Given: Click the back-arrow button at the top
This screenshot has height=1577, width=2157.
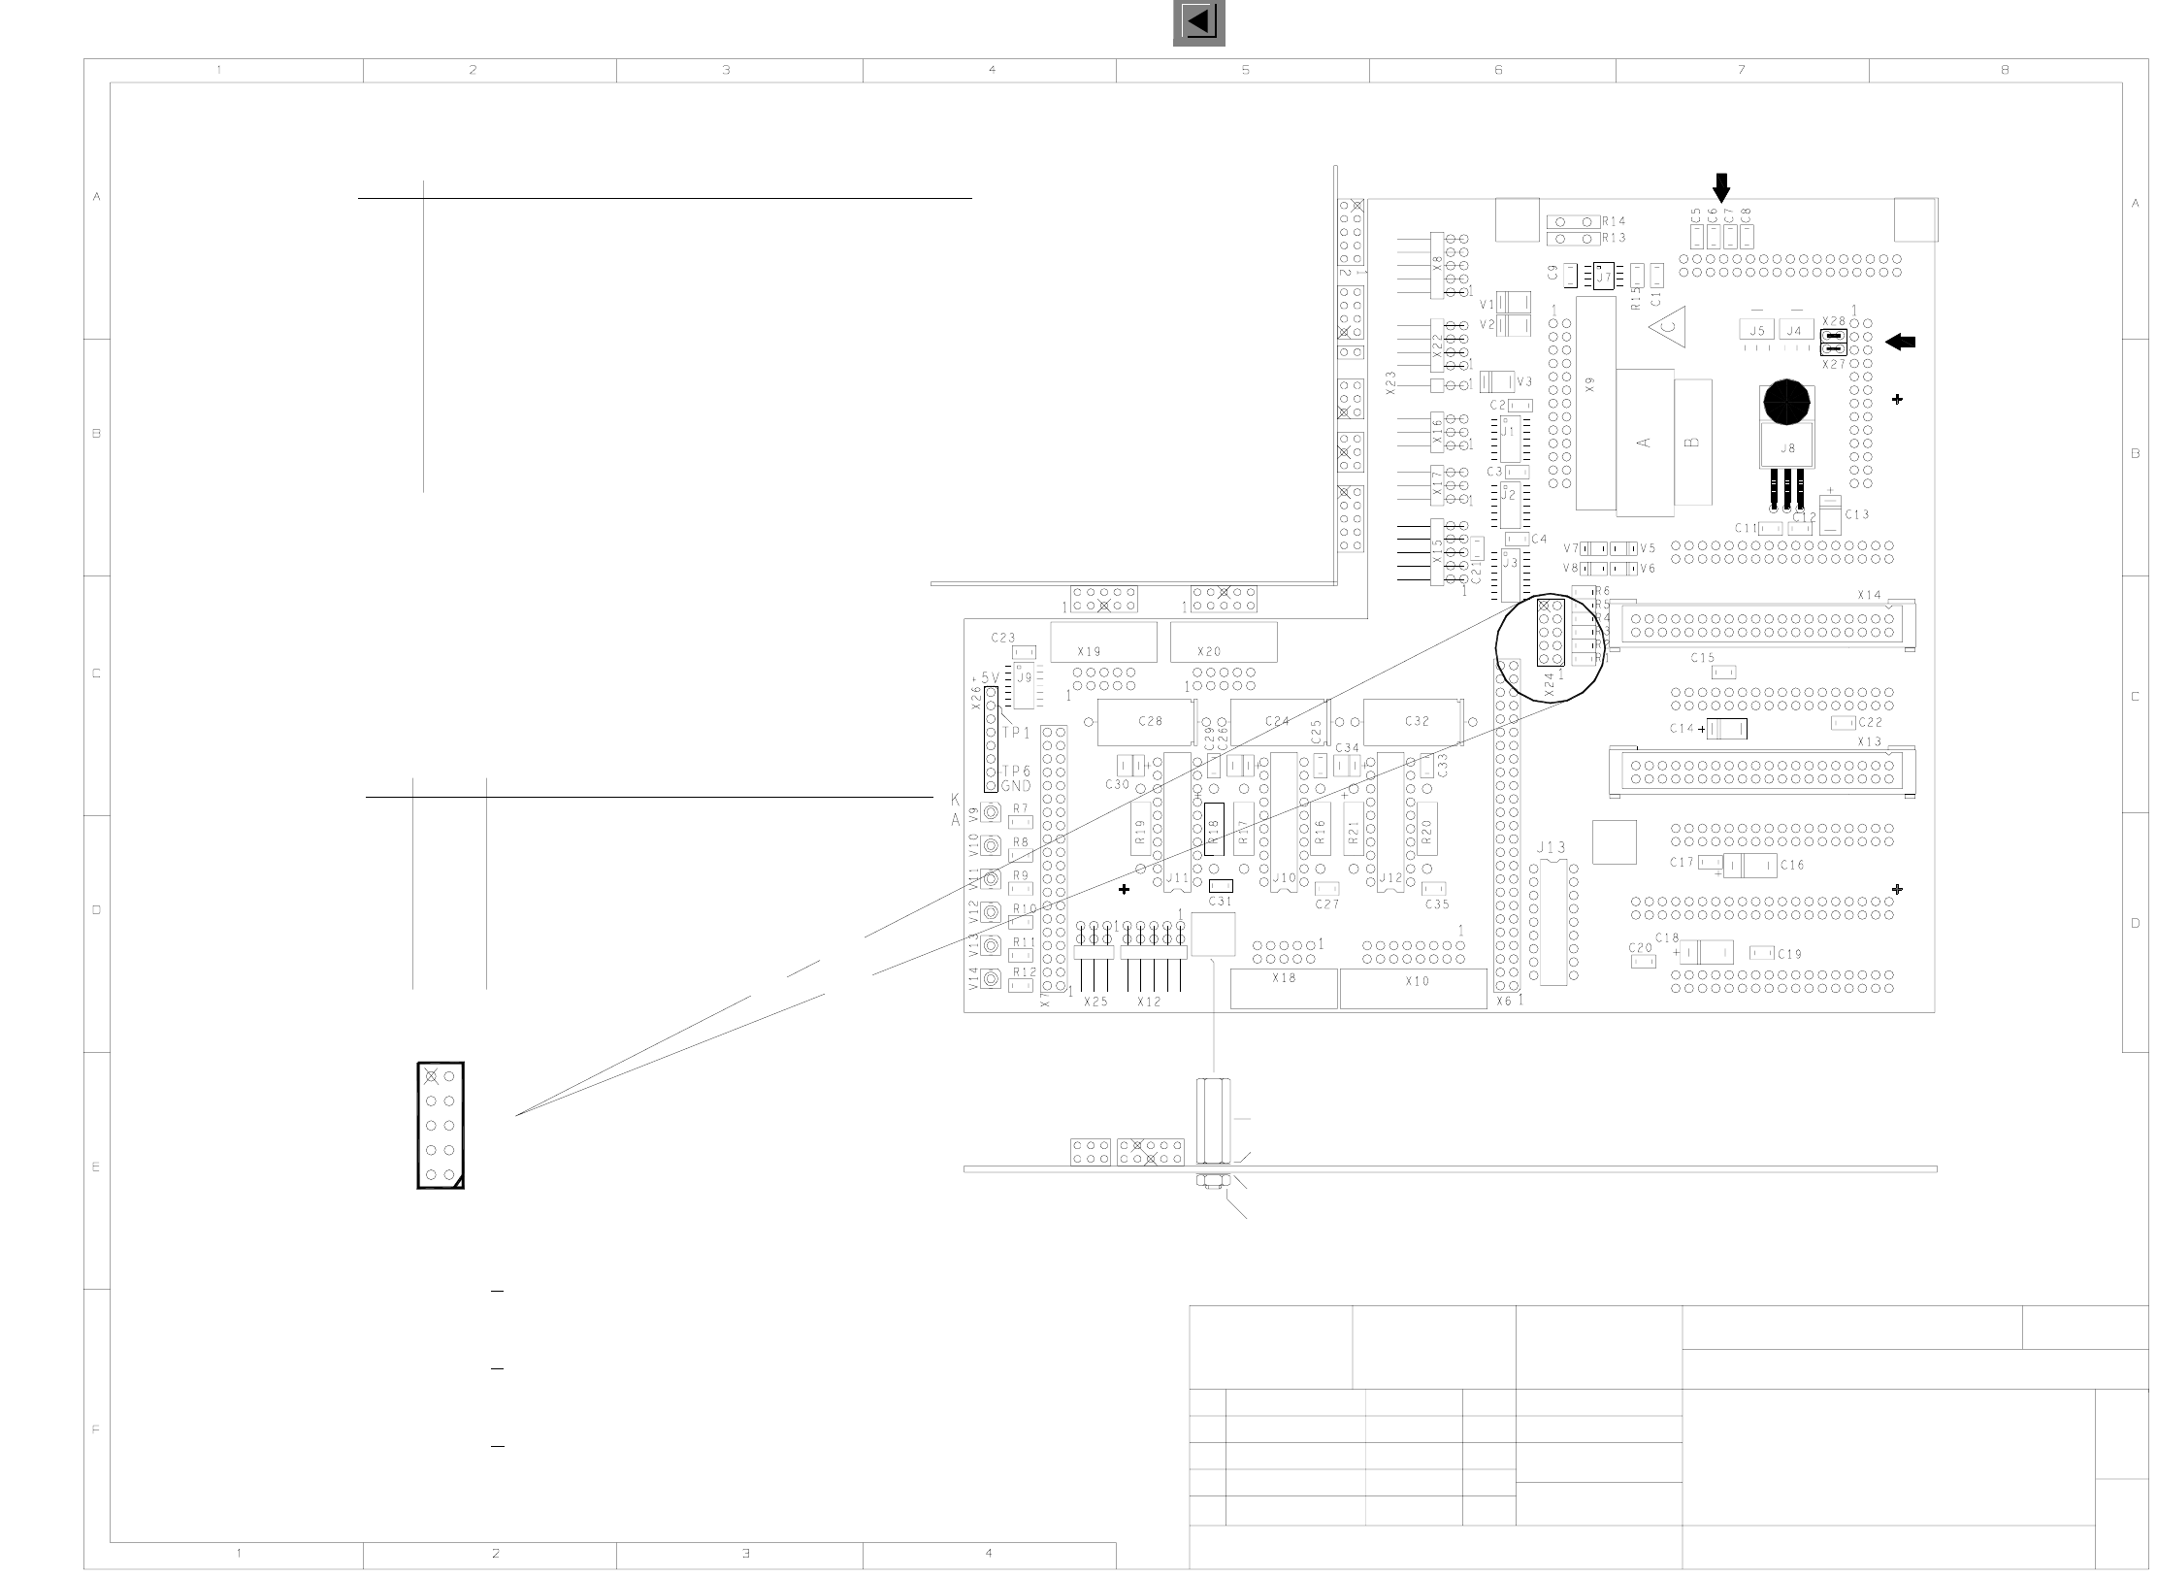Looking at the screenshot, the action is click(x=1198, y=22).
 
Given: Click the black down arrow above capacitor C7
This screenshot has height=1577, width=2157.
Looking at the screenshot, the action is click(x=1721, y=186).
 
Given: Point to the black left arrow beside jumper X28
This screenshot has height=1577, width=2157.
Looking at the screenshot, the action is click(x=1900, y=342).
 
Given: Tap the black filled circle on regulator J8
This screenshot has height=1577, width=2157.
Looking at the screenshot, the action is click(x=1786, y=402).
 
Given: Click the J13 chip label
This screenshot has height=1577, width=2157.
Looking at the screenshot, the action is click(x=1552, y=848).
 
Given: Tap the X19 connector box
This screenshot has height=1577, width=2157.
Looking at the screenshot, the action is click(x=1103, y=641).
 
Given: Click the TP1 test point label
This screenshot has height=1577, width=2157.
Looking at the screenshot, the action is click(x=1017, y=734).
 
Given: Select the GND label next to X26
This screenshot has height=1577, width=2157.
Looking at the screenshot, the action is click(x=1016, y=786).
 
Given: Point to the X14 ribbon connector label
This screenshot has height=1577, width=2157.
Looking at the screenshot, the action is click(x=1869, y=595).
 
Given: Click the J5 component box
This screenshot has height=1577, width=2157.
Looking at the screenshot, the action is click(x=1756, y=331).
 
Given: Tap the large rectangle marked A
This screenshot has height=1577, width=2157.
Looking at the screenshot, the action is click(x=1645, y=443).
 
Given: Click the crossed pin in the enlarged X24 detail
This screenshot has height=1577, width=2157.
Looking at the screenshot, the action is click(x=431, y=1075).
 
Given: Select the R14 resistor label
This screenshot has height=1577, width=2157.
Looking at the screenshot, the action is click(x=1614, y=221).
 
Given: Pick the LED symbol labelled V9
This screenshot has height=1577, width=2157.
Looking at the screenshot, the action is click(x=991, y=812).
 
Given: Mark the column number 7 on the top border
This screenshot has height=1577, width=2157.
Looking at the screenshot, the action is click(x=1742, y=70).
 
